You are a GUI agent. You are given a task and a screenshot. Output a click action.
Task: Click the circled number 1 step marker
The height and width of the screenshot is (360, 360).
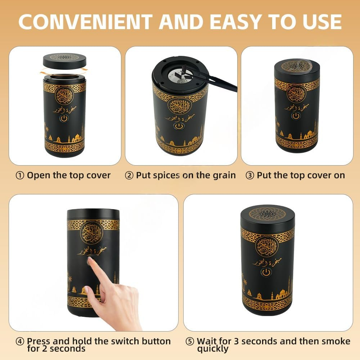coord(20,176)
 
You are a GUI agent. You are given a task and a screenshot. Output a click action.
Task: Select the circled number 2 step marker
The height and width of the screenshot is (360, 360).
coord(129,176)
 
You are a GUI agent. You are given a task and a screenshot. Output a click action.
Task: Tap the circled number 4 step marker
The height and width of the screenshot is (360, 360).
coord(20,341)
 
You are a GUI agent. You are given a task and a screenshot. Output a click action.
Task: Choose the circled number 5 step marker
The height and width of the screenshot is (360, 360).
coord(190,341)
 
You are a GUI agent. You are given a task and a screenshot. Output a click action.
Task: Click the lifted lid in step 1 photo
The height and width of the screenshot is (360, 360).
coord(64,60)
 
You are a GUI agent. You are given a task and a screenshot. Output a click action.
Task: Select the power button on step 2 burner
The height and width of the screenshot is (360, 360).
coord(179,127)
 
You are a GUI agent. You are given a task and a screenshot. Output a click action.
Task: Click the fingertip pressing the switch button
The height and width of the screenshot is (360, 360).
coord(90,262)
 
